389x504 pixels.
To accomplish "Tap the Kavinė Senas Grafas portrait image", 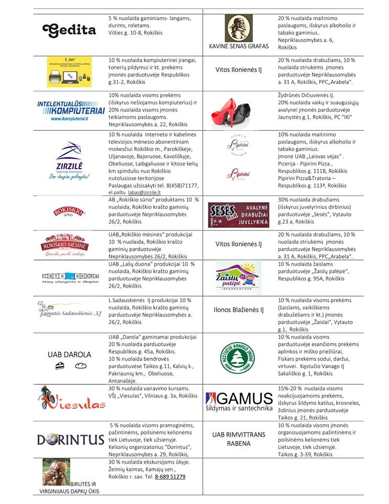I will point(239,28).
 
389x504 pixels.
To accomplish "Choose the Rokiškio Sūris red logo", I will point(69,212).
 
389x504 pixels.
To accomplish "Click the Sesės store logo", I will point(239,214).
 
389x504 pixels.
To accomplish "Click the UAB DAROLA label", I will point(69,354).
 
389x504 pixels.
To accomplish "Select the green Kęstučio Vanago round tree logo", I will point(239,355).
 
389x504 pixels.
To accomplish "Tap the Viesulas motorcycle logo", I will point(71,400).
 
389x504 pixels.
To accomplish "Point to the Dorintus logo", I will point(70,439).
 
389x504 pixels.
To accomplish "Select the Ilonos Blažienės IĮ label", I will point(239,310).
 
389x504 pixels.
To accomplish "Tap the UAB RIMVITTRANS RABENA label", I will point(239,439).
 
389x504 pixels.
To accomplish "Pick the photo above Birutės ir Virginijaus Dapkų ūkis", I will point(56,472).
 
